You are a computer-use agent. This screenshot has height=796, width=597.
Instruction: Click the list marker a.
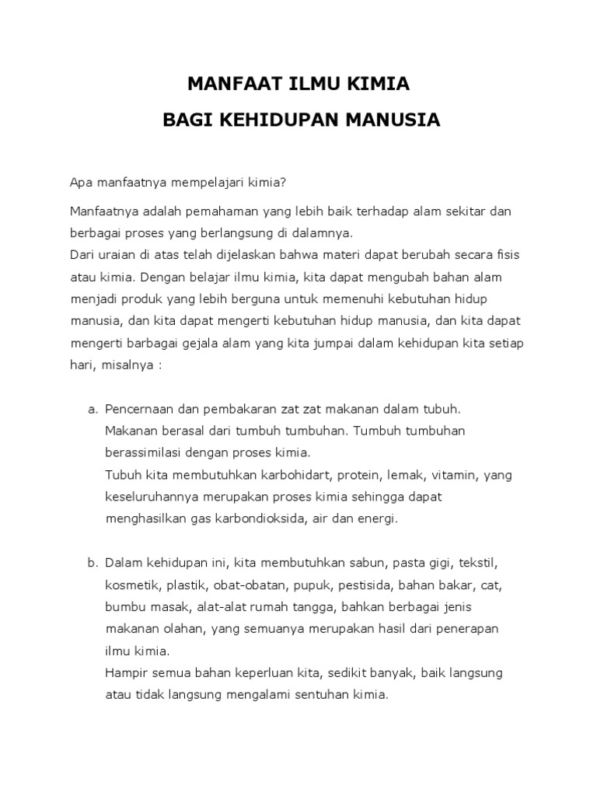click(92, 409)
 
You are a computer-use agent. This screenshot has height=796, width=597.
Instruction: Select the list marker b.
click(92, 561)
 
